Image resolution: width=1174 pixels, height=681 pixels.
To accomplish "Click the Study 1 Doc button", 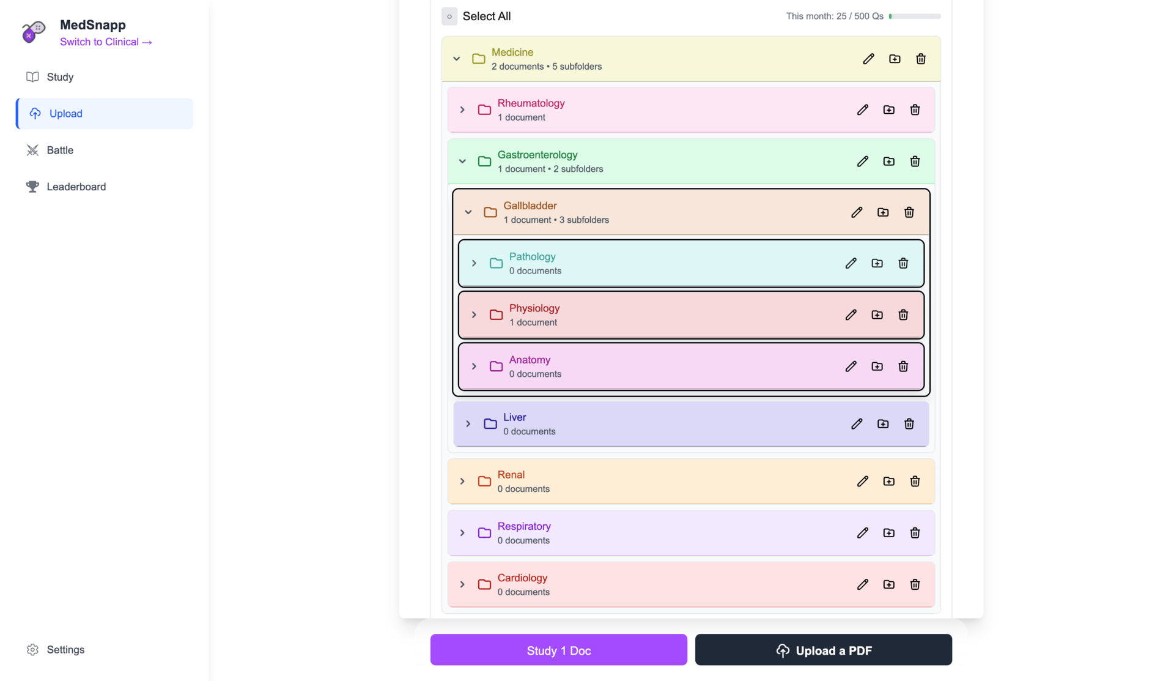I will pos(558,650).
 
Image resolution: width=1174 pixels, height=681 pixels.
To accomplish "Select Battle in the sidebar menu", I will pos(60,151).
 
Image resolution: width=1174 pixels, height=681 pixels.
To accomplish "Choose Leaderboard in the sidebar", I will pos(76,187).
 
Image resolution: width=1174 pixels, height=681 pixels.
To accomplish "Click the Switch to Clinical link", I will pos(106,42).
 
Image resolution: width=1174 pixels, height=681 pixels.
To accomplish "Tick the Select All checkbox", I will pos(449,17).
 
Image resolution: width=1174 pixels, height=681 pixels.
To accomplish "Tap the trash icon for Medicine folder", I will pos(921,59).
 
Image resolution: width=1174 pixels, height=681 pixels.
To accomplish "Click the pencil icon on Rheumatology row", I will pos(863,110).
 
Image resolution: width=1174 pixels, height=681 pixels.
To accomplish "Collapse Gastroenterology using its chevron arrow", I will pos(462,162).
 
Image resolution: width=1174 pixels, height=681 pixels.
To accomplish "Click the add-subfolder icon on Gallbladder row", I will pos(883,212).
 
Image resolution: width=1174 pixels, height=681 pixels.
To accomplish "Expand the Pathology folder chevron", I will pos(474,264).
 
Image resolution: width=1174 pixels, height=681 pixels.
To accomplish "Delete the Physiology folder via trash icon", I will pos(903,315).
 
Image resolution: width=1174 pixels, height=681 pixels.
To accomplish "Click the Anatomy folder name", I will pos(530,360).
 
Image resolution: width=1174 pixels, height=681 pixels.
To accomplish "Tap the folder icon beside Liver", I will pos(490,424).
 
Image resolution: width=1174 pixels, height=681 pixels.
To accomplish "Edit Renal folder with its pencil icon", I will pos(863,482).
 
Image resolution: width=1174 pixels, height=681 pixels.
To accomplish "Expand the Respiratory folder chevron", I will pos(462,533).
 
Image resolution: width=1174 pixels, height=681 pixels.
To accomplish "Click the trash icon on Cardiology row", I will pos(915,584).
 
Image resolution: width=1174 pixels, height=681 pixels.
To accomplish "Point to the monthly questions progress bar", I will pos(915,17).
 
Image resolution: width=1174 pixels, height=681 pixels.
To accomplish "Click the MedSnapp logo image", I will pos(34,31).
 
